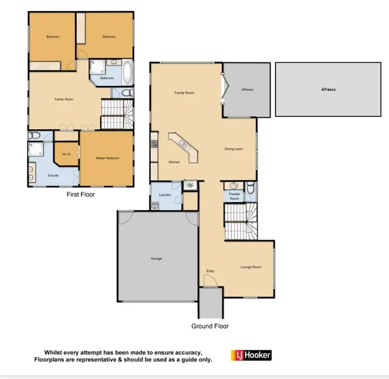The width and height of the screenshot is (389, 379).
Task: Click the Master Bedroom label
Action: (x=107, y=158)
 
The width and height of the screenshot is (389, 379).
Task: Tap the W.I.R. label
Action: (x=66, y=154)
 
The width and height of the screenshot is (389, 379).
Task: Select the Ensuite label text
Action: (x=53, y=176)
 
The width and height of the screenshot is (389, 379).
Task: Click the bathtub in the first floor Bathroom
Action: (x=128, y=72)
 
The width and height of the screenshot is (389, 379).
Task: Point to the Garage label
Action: (x=156, y=258)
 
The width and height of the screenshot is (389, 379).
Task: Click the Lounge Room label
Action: (x=251, y=268)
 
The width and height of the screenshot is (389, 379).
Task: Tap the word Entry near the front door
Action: (x=210, y=271)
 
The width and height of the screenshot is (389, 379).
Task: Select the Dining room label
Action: (x=233, y=149)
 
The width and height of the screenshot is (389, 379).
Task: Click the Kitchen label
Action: (x=174, y=162)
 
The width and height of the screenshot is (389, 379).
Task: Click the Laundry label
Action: (x=165, y=195)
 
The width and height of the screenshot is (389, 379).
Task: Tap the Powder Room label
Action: (x=234, y=196)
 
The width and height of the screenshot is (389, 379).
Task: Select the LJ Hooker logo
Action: (x=251, y=355)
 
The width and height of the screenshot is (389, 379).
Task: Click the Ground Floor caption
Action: (x=210, y=326)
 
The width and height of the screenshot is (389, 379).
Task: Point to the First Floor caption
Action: (x=80, y=195)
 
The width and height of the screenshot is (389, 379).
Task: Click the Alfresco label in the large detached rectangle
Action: (x=328, y=90)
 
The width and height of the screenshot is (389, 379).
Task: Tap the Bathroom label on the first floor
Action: (x=107, y=78)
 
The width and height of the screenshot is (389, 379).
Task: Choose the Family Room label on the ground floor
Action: (x=184, y=93)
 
